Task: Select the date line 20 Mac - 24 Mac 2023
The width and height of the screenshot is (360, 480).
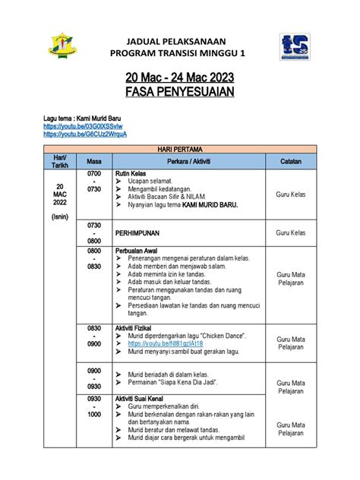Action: point(179,78)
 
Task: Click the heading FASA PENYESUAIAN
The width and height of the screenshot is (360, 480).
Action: point(179,93)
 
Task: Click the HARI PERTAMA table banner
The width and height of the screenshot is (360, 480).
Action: point(179,150)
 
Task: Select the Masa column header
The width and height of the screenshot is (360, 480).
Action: point(94,161)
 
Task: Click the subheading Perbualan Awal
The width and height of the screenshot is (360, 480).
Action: point(135,250)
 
